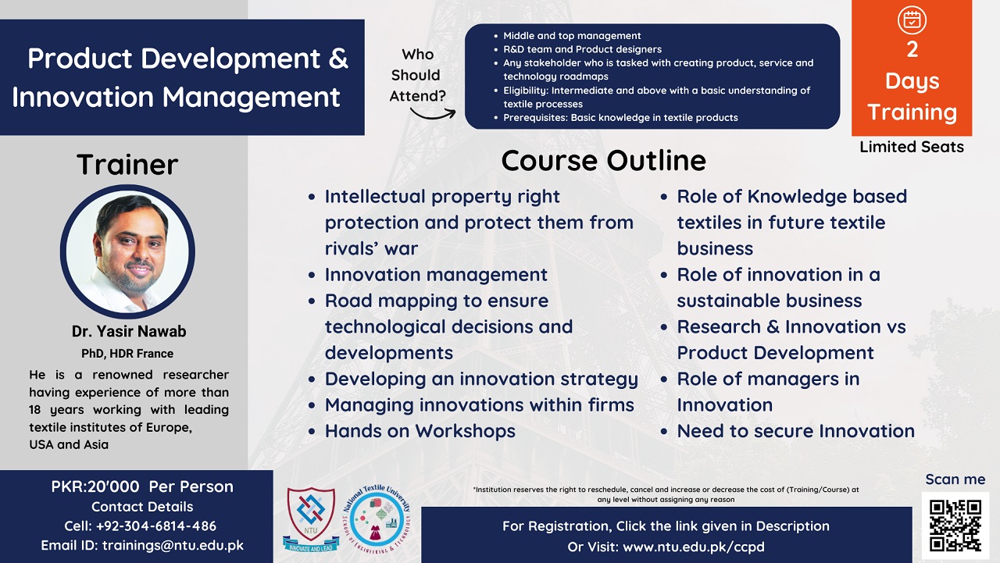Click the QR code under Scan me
pos(955,526)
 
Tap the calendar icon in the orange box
pos(912,20)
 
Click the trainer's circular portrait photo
pos(127,251)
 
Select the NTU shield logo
pos(311,519)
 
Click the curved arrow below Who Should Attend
pos(433,114)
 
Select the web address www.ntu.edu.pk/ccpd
pos(694,547)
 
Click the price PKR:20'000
pos(95,486)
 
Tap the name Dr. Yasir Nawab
pos(129,331)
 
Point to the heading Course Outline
pos(604,161)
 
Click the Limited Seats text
pos(912,147)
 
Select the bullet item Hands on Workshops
pos(420,431)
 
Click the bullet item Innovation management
pos(436,275)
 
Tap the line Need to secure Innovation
pos(796,431)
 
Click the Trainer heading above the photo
pos(127,164)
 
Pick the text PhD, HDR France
pos(127,353)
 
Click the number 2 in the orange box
pos(912,49)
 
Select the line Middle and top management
pos(572,36)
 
